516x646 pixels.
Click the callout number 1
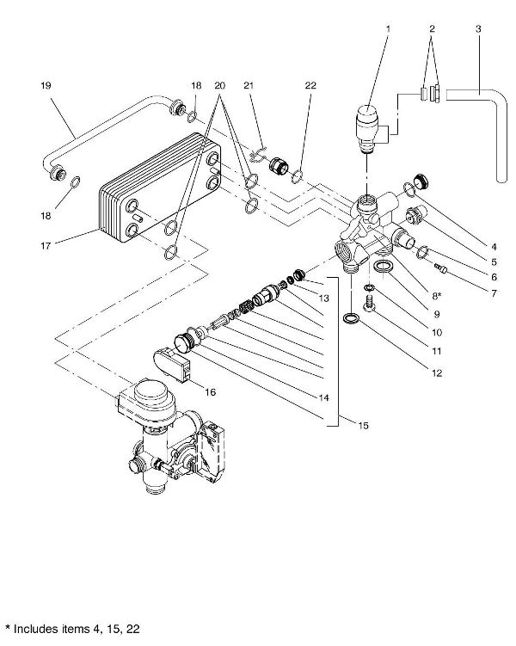tap(388, 29)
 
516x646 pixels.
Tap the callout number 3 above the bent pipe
tap(478, 29)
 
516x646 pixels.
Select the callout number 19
tap(46, 85)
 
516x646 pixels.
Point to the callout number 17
tap(46, 246)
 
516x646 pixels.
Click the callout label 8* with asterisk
tap(436, 296)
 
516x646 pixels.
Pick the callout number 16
tap(210, 391)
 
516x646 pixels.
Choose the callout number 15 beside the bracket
tap(363, 425)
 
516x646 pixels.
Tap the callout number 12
tap(437, 373)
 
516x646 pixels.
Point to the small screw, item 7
tap(440, 268)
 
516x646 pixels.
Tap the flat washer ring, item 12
tap(350, 317)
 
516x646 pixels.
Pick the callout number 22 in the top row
tap(310, 85)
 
